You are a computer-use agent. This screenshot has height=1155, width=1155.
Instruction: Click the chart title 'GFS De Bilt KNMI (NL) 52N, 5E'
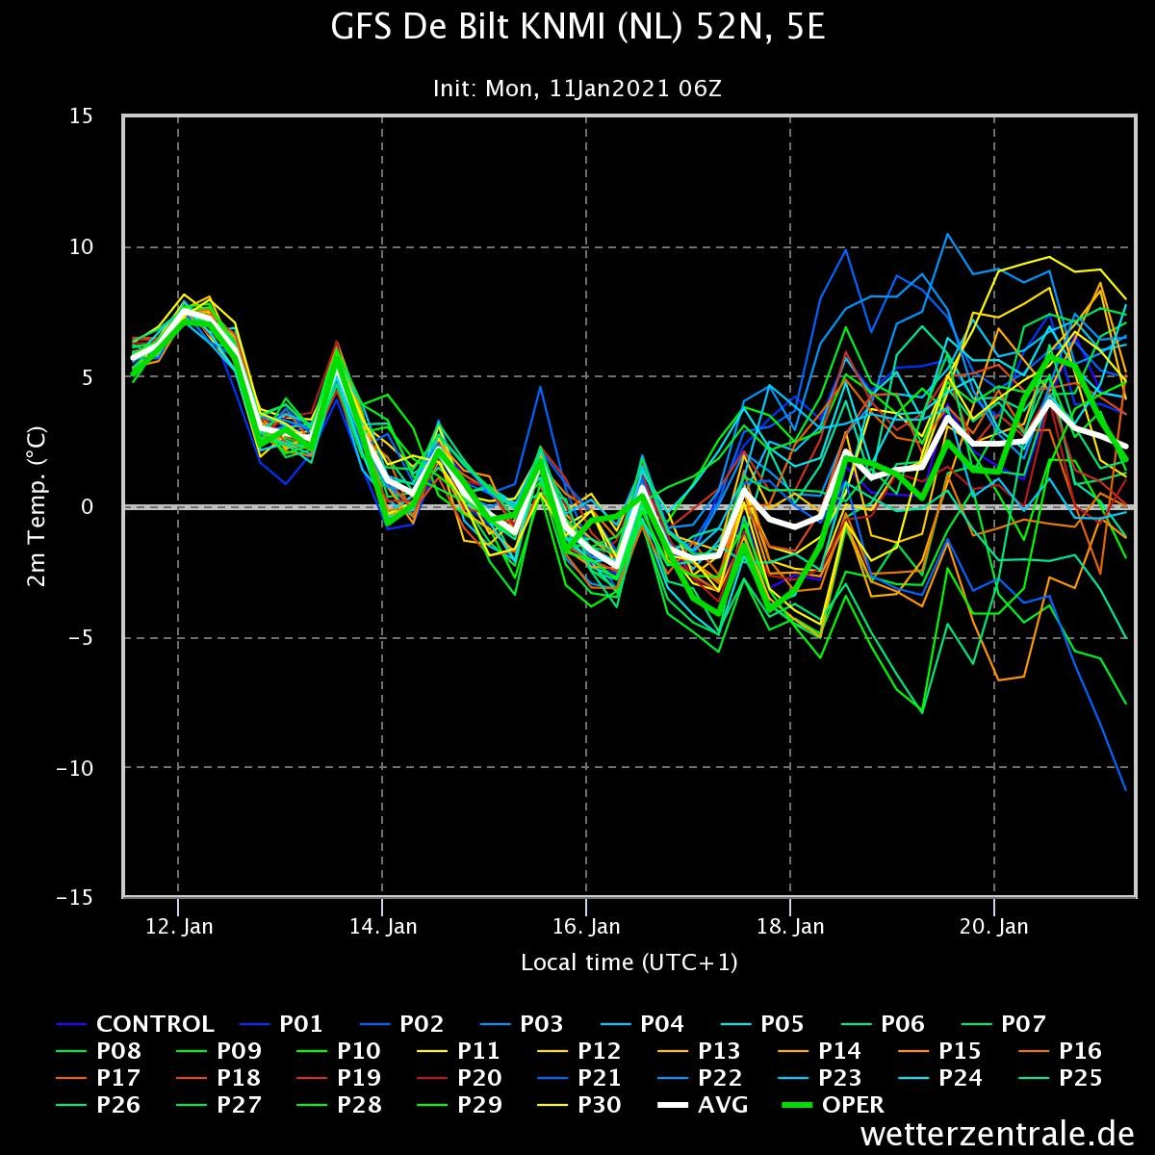[x=577, y=29]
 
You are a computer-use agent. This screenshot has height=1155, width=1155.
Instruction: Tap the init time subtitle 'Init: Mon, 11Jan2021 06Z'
[x=577, y=90]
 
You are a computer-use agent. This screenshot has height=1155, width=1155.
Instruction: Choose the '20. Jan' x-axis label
[x=995, y=927]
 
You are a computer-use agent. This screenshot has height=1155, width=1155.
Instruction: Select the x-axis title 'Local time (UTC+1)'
[x=629, y=962]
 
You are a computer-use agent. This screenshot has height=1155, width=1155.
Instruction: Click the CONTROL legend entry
[x=154, y=1024]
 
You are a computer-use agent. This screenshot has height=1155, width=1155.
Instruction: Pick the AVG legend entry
[x=723, y=1105]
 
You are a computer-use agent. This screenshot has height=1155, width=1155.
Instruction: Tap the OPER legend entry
[x=852, y=1105]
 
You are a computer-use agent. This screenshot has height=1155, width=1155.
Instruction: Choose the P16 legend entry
[x=1080, y=1051]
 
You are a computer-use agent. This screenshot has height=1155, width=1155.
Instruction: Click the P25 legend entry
[x=1080, y=1078]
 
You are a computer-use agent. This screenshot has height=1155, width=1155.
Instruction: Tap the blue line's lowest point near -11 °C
[x=1125, y=789]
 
